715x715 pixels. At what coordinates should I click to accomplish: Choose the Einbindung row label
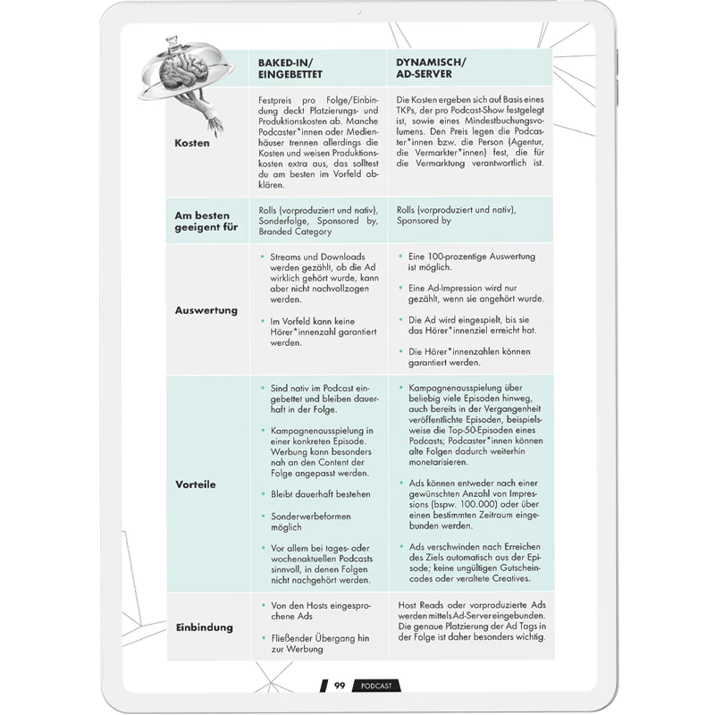[204, 627]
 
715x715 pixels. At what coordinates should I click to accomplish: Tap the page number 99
[340, 686]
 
